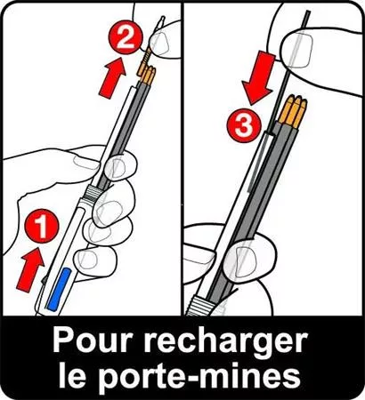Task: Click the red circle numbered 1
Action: click(35, 228)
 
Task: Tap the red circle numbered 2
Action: click(126, 37)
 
